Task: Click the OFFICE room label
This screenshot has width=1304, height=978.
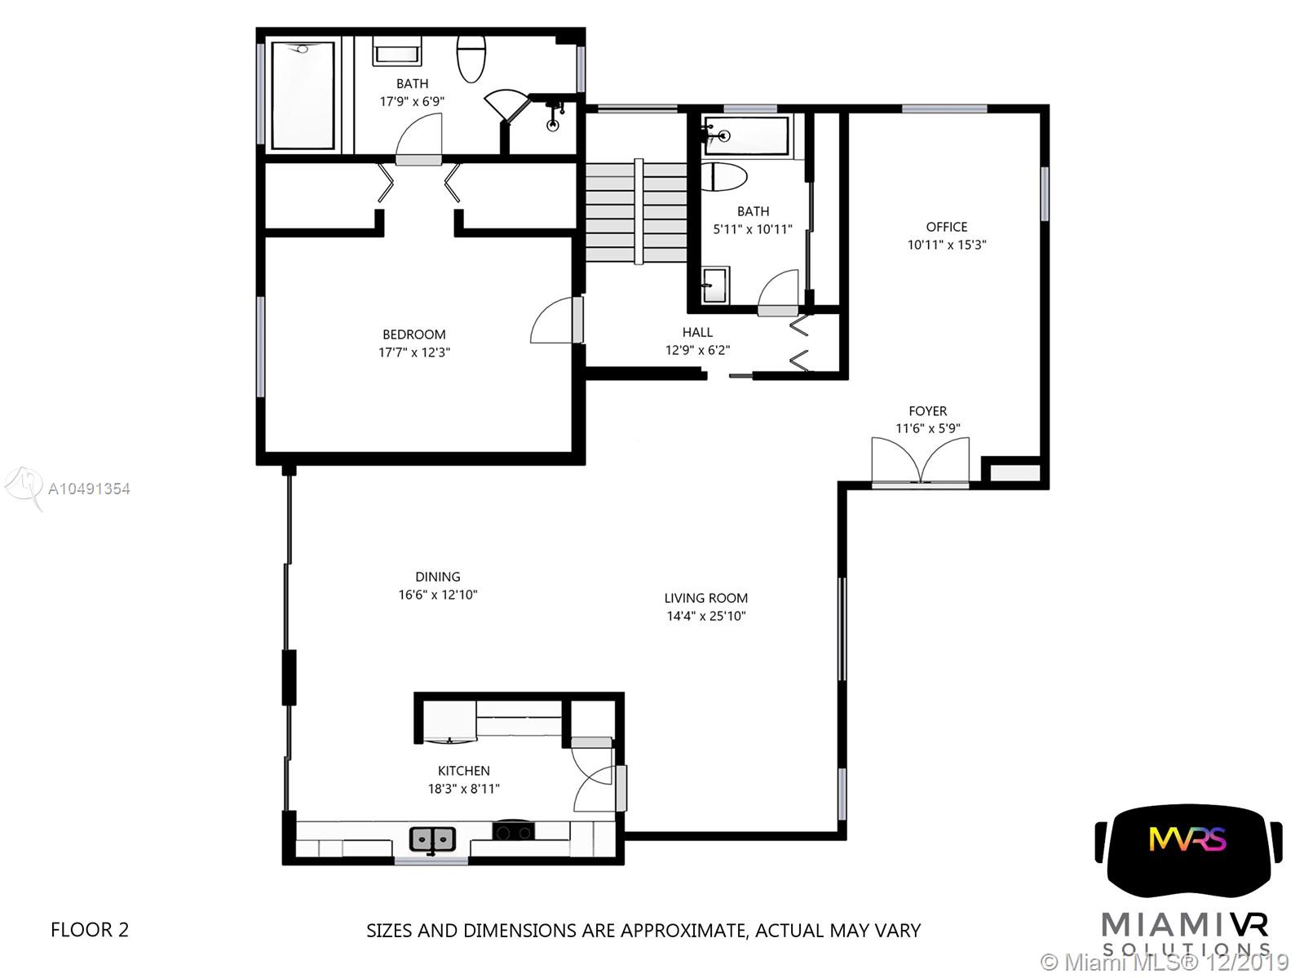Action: pyautogui.click(x=946, y=227)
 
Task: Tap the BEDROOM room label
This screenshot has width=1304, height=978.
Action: pyautogui.click(x=414, y=334)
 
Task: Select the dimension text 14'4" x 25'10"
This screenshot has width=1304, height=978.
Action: pyautogui.click(x=705, y=616)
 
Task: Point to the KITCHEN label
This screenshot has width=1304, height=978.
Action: pyautogui.click(x=463, y=772)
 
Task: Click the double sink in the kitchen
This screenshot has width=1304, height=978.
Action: pyautogui.click(x=432, y=839)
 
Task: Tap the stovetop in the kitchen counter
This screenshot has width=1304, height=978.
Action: pyautogui.click(x=513, y=832)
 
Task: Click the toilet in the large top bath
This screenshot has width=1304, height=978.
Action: pyautogui.click(x=471, y=58)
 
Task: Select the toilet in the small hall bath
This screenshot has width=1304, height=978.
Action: pyautogui.click(x=723, y=177)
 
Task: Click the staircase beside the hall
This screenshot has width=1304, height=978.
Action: pyautogui.click(x=636, y=211)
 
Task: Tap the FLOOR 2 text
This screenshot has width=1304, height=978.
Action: pyautogui.click(x=90, y=930)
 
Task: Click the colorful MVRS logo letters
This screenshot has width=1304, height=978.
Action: pyautogui.click(x=1187, y=839)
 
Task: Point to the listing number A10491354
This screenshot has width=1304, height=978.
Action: pyautogui.click(x=89, y=489)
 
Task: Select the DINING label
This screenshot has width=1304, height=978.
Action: pyautogui.click(x=438, y=577)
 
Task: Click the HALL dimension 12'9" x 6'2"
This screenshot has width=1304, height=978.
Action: pyautogui.click(x=697, y=351)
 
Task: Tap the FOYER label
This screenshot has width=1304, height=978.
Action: pyautogui.click(x=927, y=411)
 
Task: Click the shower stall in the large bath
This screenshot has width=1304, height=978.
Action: pyautogui.click(x=303, y=95)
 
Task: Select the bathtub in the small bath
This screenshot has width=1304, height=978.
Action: pyautogui.click(x=746, y=136)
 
